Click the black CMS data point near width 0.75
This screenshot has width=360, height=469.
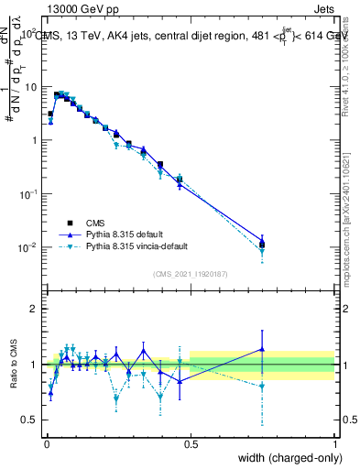tap(262, 245)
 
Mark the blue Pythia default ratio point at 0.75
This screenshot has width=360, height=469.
tap(262, 349)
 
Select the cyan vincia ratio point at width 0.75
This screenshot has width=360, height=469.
tap(262, 387)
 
